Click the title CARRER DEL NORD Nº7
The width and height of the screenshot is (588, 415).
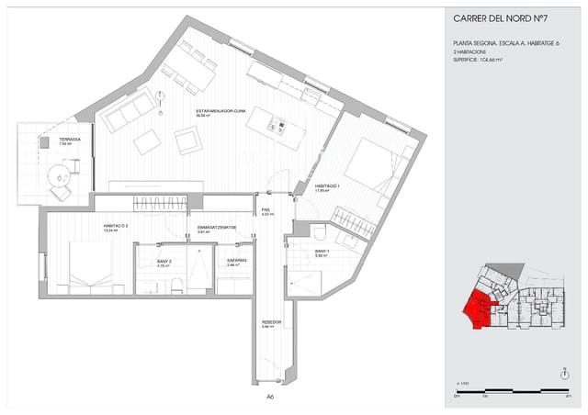coord(500,19)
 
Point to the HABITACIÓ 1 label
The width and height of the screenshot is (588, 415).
coord(327,185)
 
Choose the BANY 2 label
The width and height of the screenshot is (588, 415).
coord(164,262)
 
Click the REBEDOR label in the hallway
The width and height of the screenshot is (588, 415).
coord(271,323)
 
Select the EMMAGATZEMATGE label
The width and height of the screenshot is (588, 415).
coord(218,227)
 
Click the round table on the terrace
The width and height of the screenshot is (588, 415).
coord(61,175)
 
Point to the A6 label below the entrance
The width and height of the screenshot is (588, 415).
coord(270,397)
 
